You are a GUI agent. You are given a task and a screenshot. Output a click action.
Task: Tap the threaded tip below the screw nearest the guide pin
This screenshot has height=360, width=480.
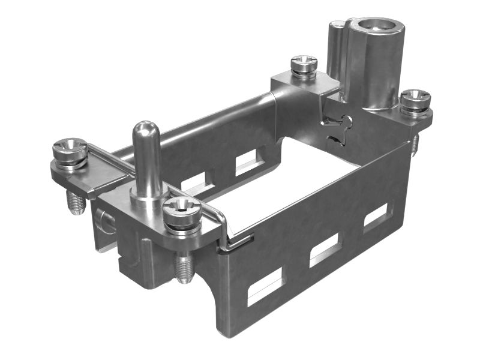point(183,268)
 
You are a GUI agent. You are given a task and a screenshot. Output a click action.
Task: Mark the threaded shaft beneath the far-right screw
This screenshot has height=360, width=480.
point(414,145)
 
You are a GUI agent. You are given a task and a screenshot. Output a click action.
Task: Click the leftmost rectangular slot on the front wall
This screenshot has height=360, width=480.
point(265,286)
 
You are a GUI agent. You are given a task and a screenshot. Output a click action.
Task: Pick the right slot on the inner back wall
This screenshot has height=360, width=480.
point(248,162)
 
